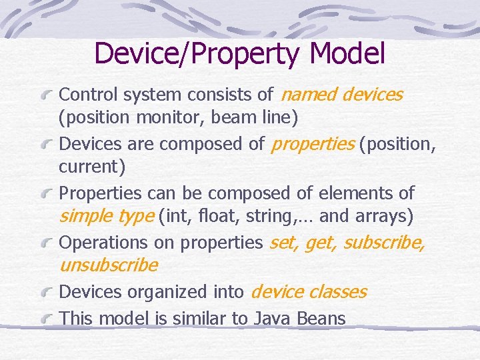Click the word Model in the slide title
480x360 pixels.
pyautogui.click(x=347, y=53)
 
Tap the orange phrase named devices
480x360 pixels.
pyautogui.click(x=343, y=95)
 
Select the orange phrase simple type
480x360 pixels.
pyautogui.click(x=107, y=217)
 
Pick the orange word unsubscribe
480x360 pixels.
pyautogui.click(x=109, y=266)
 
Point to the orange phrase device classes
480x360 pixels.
pyautogui.click(x=309, y=292)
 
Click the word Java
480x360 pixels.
pyautogui.click(x=271, y=319)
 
